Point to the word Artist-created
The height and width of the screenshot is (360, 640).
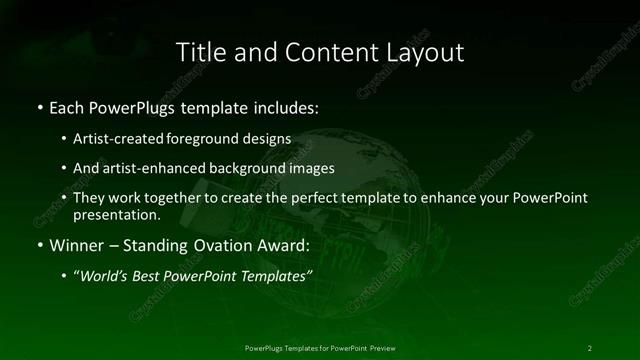point(122,139)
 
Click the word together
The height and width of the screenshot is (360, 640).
point(178,198)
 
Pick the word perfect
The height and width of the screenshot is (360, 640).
point(311,198)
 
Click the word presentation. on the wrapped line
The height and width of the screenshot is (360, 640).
point(117,214)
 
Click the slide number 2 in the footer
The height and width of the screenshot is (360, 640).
point(590,347)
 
